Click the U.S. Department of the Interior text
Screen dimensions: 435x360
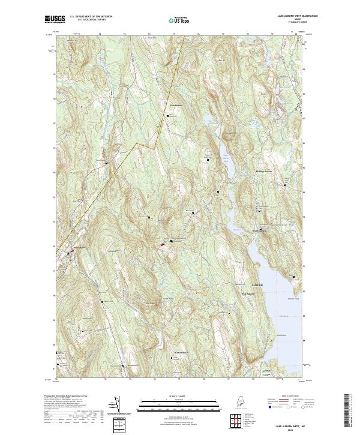pos(91,16)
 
